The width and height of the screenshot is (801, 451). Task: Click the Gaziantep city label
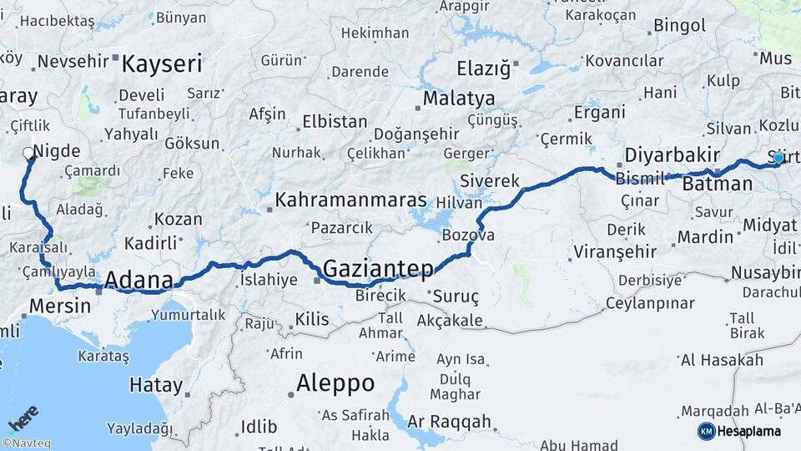point(378,269)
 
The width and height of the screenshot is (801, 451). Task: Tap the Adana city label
point(139,281)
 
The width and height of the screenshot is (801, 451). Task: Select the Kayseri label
point(162,63)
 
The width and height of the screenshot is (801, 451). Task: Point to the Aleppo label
point(335,383)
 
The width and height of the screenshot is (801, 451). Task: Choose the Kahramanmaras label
point(350,200)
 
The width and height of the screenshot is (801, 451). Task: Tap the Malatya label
point(458,99)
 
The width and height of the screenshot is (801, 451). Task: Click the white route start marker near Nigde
point(28,154)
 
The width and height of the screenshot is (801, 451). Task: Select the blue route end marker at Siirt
point(778,158)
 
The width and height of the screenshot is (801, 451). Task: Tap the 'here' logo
point(23,418)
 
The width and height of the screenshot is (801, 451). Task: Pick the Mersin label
point(60,306)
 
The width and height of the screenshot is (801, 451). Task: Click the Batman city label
point(717,184)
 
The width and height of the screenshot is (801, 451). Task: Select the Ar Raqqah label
point(450,423)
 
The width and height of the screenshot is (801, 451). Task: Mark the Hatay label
point(156,385)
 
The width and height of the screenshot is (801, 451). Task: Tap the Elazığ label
point(483,69)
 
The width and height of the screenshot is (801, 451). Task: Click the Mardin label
point(705,237)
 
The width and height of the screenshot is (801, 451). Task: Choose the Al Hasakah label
point(722,360)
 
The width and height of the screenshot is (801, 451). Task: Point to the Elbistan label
point(335,121)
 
